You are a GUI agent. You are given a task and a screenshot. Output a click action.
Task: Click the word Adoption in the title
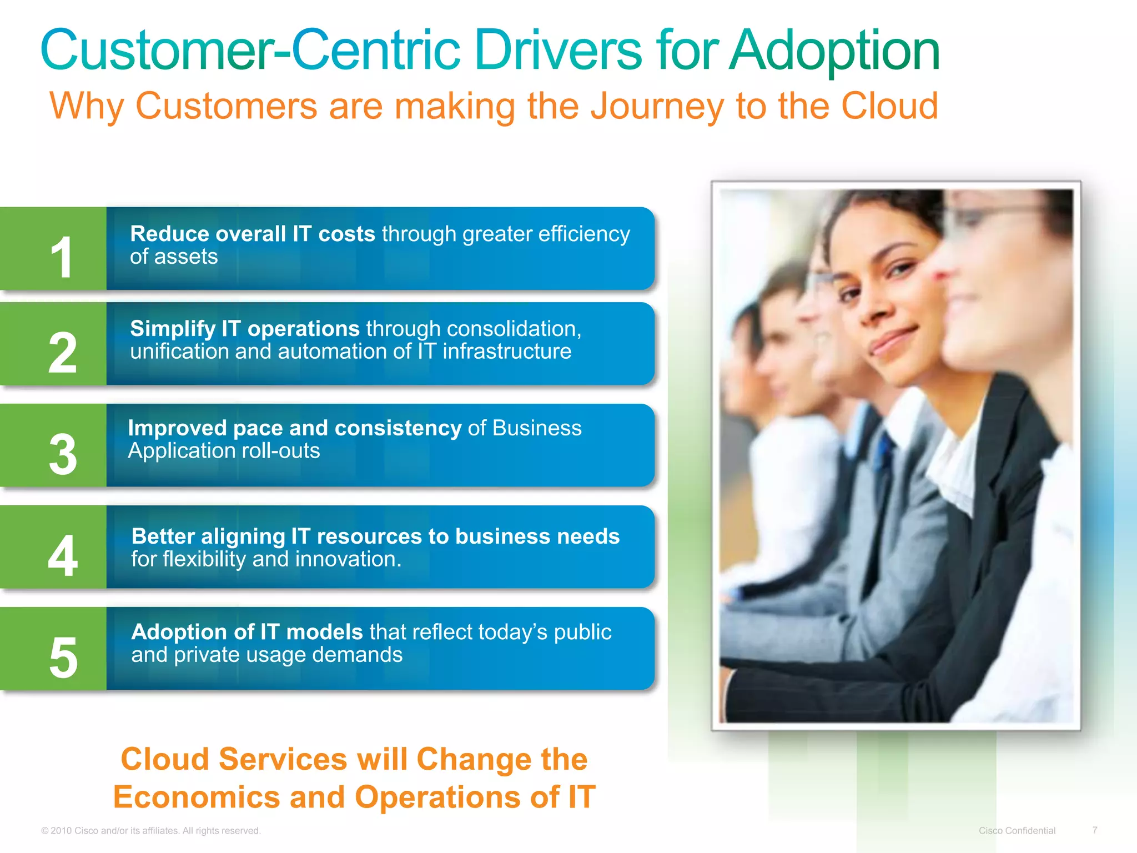[x=834, y=51]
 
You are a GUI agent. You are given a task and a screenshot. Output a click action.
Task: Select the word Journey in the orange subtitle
[x=657, y=106]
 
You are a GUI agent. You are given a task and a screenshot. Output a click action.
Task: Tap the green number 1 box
[x=53, y=249]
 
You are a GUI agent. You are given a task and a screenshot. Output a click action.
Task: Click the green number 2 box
[x=53, y=344]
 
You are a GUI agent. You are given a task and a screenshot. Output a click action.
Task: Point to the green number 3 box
[x=53, y=446]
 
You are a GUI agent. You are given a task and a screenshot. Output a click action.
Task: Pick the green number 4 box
[x=53, y=548]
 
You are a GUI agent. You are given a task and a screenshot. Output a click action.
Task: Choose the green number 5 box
[x=53, y=649]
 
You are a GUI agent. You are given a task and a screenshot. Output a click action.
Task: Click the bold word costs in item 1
[x=347, y=234]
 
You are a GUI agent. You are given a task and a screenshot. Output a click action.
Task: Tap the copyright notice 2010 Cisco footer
[x=150, y=831]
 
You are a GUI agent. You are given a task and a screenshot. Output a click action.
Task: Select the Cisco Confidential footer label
[x=1017, y=831]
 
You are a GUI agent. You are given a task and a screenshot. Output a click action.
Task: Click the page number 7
[x=1094, y=830]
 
